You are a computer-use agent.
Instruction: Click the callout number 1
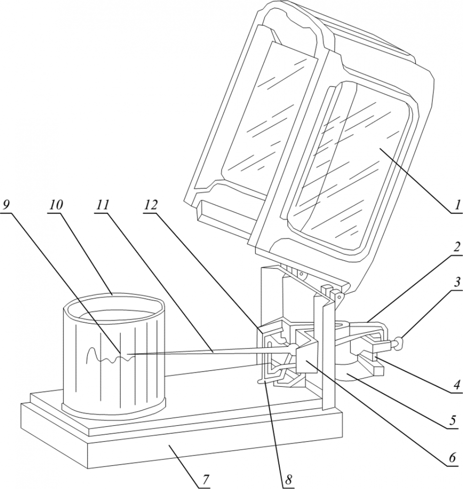[456, 205]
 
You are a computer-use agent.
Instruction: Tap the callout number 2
[456, 247]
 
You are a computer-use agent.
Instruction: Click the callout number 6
[452, 458]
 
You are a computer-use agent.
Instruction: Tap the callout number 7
[206, 481]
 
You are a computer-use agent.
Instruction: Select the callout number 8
[289, 481]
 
